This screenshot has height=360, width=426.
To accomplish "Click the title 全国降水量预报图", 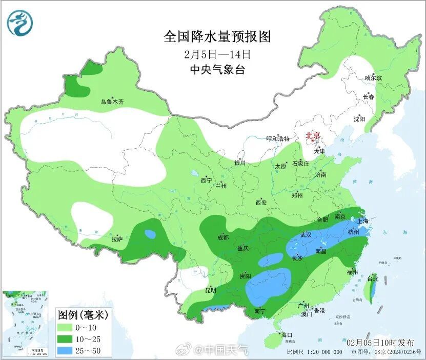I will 217,37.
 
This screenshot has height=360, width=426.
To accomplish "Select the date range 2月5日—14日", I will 217,54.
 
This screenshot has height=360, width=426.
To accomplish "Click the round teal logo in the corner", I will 20,23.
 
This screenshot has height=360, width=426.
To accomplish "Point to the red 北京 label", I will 313,136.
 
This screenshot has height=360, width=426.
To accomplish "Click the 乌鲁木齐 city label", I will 112,102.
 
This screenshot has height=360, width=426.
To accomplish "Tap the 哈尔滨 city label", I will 373,78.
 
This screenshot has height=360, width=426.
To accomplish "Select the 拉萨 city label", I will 117,239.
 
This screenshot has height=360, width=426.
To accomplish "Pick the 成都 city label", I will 223,237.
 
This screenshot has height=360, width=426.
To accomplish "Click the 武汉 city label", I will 306,235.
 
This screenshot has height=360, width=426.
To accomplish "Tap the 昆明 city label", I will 211,290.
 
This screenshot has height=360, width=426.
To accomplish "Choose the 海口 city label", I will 287,335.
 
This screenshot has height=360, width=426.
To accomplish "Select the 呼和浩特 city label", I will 278,139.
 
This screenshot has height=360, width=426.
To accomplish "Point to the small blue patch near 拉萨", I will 150,234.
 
